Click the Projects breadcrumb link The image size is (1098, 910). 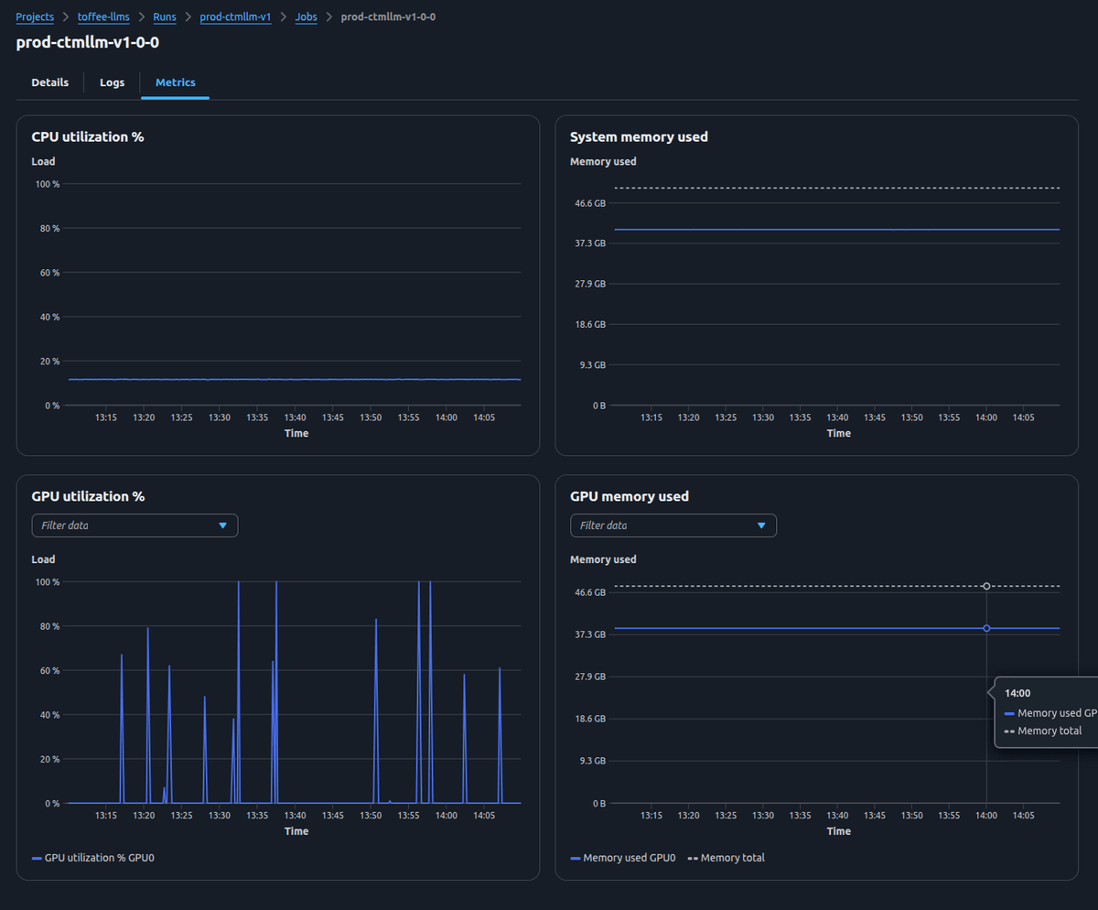tap(35, 17)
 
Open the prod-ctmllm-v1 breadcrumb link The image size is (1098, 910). tap(235, 17)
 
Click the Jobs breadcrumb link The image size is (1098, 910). tap(307, 17)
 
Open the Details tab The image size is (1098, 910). tap(50, 82)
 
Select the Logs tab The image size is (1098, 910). tap(112, 82)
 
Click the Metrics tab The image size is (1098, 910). tap(176, 82)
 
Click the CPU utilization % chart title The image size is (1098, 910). tap(88, 137)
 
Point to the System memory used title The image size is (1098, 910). tap(639, 137)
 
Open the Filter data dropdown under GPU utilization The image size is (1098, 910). tap(135, 525)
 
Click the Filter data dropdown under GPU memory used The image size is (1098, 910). tap(673, 525)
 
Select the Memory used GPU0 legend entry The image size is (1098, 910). tap(629, 858)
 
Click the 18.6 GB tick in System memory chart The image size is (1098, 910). tap(587, 324)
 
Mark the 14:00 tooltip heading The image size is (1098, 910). tap(1017, 693)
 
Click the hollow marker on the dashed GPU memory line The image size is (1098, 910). tap(986, 586)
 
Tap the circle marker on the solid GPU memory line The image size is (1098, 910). tap(986, 628)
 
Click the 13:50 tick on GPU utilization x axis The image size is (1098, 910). tap(371, 816)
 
